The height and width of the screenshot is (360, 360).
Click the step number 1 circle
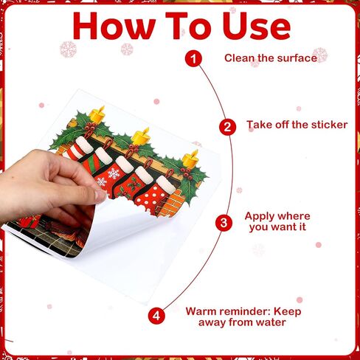point(193,58)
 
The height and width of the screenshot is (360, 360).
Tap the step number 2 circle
point(227,127)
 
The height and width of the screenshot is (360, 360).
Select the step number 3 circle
point(224,223)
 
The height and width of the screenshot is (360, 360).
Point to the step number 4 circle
point(156,316)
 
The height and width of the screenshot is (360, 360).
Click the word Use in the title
point(257,26)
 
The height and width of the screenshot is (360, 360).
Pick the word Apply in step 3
point(258,217)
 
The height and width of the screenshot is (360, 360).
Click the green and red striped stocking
point(94,157)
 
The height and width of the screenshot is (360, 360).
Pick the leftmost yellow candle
point(97,114)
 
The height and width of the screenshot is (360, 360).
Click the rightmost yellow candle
point(190,158)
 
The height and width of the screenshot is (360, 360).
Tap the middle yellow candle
point(140,136)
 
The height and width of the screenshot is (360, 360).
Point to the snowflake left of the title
point(68,49)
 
